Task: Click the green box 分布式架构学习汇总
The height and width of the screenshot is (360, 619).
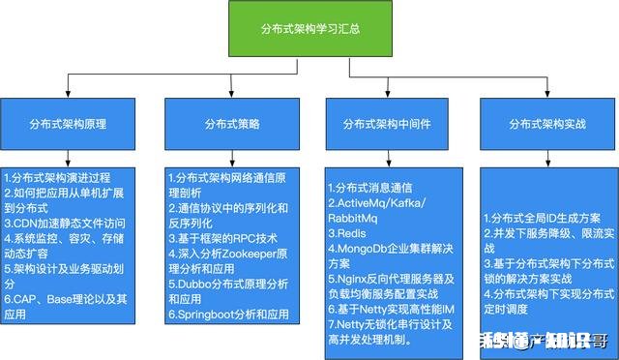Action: (309, 28)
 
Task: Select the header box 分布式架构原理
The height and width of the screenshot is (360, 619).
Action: (69, 125)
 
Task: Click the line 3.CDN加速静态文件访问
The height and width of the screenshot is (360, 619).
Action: (65, 222)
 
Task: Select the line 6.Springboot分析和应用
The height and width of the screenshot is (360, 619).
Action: (228, 314)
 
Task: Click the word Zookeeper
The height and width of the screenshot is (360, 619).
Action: (241, 253)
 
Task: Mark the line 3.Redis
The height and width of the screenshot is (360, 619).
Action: (347, 232)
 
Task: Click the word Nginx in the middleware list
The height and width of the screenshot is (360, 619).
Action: (358, 279)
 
